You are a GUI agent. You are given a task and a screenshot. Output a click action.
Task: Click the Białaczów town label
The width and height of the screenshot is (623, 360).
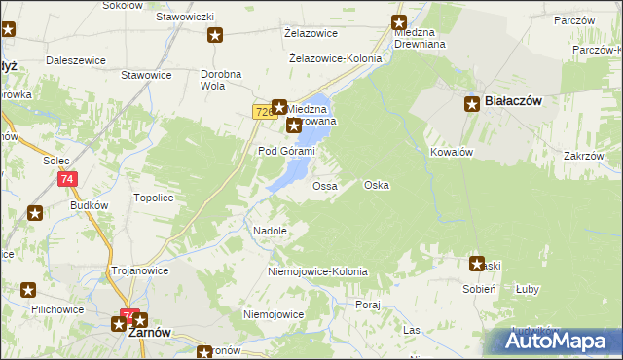(513, 100)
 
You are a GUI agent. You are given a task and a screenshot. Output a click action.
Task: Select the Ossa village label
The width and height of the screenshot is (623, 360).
(324, 185)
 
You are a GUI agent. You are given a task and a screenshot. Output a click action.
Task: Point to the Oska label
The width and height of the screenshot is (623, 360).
(377, 185)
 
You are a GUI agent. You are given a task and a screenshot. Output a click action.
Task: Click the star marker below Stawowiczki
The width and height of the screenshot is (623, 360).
(215, 36)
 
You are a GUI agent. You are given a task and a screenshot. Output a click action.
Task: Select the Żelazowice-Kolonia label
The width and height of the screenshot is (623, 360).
(336, 58)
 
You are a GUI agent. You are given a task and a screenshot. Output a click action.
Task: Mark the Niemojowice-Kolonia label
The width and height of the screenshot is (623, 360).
(317, 271)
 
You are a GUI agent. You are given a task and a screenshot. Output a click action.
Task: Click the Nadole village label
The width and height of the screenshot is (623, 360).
(270, 231)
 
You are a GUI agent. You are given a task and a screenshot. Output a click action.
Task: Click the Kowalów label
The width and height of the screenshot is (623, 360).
(451, 153)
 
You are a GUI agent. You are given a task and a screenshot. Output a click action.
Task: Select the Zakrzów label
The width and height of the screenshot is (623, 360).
(584, 156)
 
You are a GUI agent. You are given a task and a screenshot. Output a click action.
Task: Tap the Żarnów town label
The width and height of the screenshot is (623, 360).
(150, 331)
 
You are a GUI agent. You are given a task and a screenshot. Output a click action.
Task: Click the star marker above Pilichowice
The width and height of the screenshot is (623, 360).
(28, 290)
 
